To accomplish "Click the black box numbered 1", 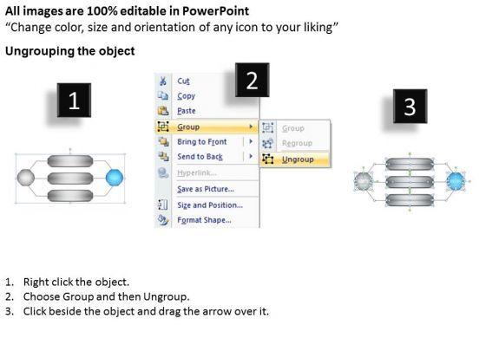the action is pyautogui.click(x=74, y=100).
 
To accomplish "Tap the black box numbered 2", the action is pyautogui.click(x=252, y=80).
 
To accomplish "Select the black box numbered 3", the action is pyautogui.click(x=410, y=106).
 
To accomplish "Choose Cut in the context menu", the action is pyautogui.click(x=183, y=81).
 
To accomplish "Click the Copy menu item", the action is pyautogui.click(x=187, y=96).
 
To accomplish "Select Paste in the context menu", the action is pyautogui.click(x=187, y=111).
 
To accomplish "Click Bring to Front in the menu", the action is pyautogui.click(x=201, y=142).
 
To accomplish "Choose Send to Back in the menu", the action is pyautogui.click(x=200, y=157).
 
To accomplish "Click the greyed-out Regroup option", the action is pyautogui.click(x=297, y=143).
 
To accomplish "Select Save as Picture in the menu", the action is pyautogui.click(x=206, y=189).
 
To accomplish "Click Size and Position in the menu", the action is pyautogui.click(x=210, y=205).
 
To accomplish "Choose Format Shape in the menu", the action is pyautogui.click(x=204, y=220).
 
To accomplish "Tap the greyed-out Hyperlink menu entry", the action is pyautogui.click(x=197, y=172).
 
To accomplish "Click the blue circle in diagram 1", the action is pyautogui.click(x=115, y=178).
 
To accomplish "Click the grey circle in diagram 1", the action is pyautogui.click(x=26, y=178).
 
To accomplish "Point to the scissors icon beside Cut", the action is pyautogui.click(x=163, y=81).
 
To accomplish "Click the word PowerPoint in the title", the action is pyautogui.click(x=215, y=11).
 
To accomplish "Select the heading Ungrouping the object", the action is pyautogui.click(x=70, y=51).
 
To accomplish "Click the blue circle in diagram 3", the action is pyautogui.click(x=456, y=181).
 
